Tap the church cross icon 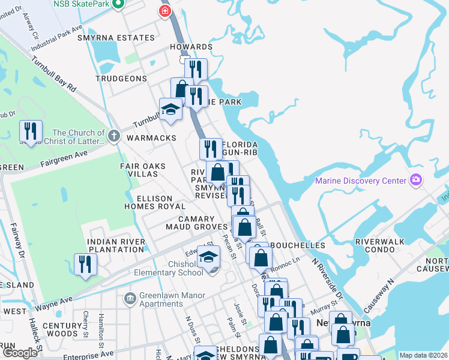[x=115, y=136]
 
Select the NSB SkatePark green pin [x=118, y=5]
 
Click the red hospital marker [x=164, y=11]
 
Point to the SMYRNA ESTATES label [x=125, y=38]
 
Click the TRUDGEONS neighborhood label [x=121, y=79]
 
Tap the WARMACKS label [x=151, y=138]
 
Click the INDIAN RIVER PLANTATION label [x=116, y=245]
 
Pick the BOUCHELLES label [x=298, y=245]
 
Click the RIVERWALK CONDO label [x=382, y=245]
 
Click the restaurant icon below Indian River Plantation [x=85, y=263]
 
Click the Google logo [x=19, y=353]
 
